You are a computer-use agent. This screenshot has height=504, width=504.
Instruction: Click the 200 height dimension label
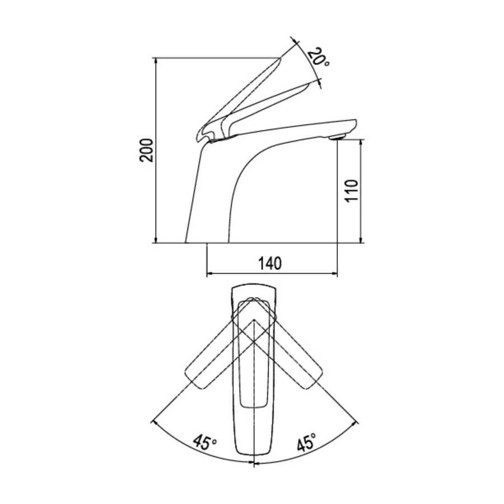[146, 150]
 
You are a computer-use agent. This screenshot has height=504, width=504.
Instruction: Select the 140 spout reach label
[270, 263]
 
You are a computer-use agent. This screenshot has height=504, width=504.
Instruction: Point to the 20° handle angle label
[318, 57]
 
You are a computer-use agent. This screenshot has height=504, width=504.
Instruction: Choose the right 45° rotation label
[306, 442]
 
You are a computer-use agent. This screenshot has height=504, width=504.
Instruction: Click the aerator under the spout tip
[337, 137]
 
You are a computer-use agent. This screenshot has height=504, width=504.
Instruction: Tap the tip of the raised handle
[279, 59]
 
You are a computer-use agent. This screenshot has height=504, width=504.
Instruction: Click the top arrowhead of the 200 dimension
[156, 60]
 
